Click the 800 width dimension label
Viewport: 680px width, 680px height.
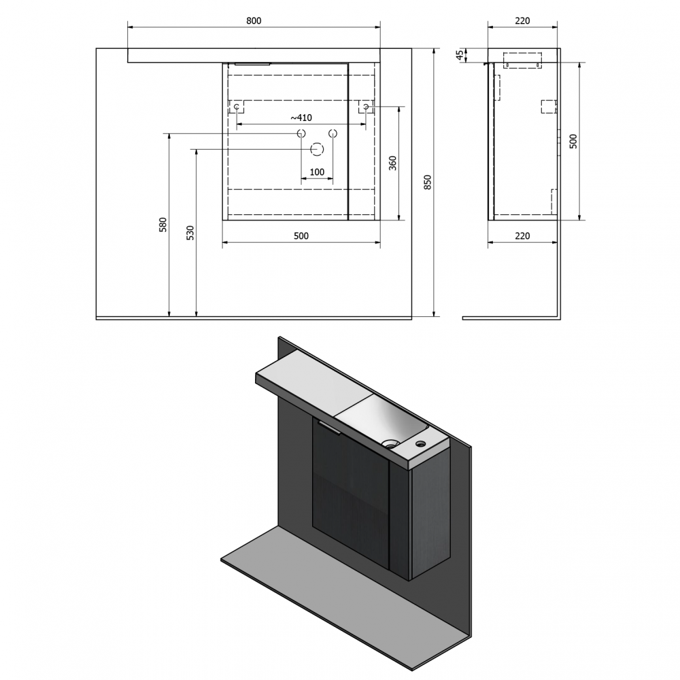254,21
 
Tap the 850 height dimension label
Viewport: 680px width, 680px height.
428,182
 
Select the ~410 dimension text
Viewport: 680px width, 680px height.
301,118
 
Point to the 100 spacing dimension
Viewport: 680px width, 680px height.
317,172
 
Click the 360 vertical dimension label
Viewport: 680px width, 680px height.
392,163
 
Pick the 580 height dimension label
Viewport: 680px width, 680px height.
163,224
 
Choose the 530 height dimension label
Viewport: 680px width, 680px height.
190,233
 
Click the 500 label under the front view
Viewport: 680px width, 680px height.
301,236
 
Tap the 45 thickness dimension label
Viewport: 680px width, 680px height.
460,54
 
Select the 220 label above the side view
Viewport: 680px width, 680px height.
522,21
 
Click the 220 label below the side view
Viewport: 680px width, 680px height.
522,236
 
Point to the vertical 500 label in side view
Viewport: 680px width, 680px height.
573,141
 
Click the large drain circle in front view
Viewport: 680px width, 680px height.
317,150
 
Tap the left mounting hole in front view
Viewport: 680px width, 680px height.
237,107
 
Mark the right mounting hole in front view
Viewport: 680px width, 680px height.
366,107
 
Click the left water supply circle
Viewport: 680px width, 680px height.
301,133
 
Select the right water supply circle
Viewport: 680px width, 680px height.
333,133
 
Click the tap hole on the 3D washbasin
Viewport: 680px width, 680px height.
420,443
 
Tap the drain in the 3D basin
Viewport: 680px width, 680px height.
391,443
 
